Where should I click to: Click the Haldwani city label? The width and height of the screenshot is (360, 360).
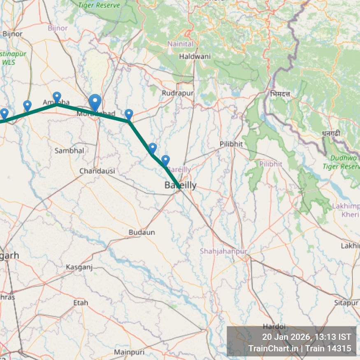(x=195, y=56)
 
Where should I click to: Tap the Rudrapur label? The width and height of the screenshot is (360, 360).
(x=177, y=93)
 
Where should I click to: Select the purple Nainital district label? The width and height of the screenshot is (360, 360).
(x=180, y=44)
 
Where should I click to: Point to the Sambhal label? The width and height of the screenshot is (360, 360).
(x=69, y=151)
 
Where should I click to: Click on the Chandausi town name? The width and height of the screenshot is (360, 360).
(x=97, y=171)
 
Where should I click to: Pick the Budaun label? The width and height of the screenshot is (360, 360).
(x=142, y=232)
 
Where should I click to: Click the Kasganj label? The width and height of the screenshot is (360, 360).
(x=79, y=267)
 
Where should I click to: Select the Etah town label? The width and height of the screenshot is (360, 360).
(x=81, y=303)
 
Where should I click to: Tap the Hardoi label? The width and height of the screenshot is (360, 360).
(x=274, y=326)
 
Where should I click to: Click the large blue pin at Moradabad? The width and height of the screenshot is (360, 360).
(x=95, y=102)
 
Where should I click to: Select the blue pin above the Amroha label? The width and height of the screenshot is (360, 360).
(x=57, y=97)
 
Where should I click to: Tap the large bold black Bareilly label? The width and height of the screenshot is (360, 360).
(x=180, y=186)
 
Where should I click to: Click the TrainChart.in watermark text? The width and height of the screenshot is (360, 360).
(x=273, y=348)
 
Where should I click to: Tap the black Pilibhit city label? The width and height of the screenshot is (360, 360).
(x=231, y=144)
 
